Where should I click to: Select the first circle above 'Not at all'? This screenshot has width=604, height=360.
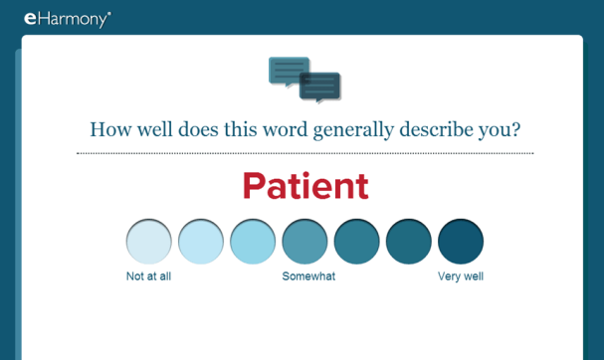click(149, 242)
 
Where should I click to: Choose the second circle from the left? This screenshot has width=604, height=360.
click(201, 242)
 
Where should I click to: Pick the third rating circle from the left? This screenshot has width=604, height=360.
click(253, 242)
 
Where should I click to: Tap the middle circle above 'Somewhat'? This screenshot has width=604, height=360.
click(305, 242)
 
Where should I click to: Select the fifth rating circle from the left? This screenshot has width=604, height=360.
click(357, 242)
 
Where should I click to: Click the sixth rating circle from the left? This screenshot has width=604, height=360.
click(409, 242)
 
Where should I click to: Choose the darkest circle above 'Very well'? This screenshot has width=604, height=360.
click(461, 242)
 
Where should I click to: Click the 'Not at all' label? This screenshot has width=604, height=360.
click(148, 276)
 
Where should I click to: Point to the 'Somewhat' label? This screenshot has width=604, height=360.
click(308, 276)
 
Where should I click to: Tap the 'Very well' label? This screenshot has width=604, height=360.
click(461, 276)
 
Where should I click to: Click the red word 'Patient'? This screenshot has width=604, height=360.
click(304, 186)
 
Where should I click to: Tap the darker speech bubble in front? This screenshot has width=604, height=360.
click(321, 88)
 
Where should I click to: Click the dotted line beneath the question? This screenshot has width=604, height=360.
click(304, 153)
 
